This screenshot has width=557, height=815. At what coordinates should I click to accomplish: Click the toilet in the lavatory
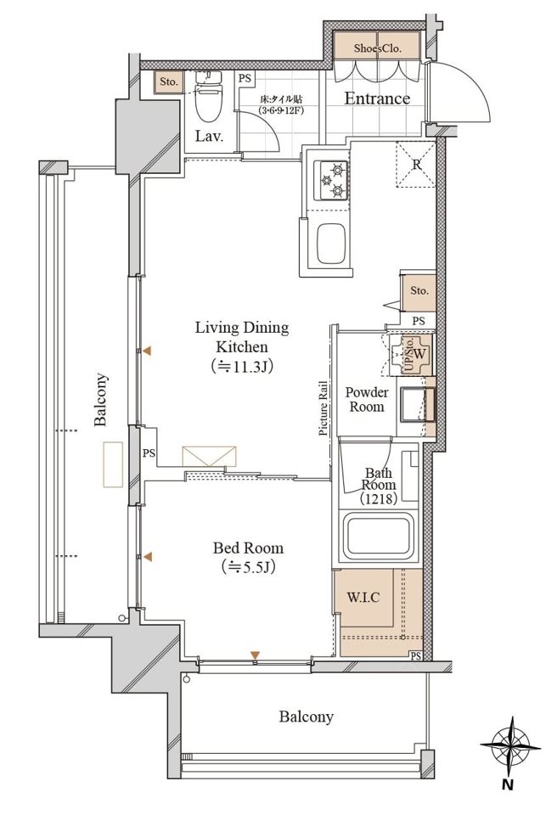pyautogui.click(x=209, y=95)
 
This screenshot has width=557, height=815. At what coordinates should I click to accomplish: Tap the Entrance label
pyautogui.click(x=377, y=98)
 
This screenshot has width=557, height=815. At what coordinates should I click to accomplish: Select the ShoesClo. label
pyautogui.click(x=378, y=49)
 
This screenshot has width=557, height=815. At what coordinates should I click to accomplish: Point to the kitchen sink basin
pyautogui.click(x=331, y=244)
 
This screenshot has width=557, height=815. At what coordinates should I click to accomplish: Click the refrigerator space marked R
pyautogui.click(x=415, y=164)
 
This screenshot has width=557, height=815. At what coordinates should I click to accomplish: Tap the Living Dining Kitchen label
pyautogui.click(x=242, y=347)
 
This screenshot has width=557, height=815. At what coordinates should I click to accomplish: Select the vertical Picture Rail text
pyautogui.click(x=324, y=408)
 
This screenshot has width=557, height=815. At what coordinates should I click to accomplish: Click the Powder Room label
pyautogui.click(x=367, y=399)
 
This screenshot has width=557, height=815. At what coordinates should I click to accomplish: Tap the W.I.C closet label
pyautogui.click(x=363, y=597)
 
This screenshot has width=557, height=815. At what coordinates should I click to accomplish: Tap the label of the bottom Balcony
pyautogui.click(x=306, y=717)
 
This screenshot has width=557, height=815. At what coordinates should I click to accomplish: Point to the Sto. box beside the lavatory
pyautogui.click(x=168, y=82)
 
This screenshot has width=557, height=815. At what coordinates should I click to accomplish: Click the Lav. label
pyautogui.click(x=209, y=137)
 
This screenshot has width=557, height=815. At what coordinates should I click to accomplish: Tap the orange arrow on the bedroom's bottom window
pyautogui.click(x=255, y=655)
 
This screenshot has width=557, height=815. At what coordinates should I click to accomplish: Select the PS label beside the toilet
pyautogui.click(x=245, y=78)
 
